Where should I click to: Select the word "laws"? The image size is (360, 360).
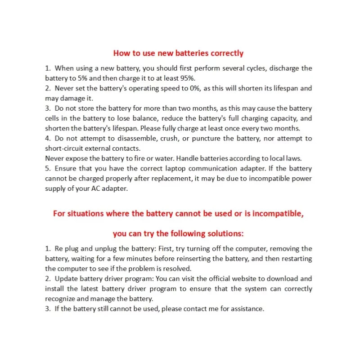coord(294,158)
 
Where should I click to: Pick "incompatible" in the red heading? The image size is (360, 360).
coord(277,213)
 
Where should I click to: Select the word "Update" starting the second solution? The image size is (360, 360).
coord(66,279)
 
